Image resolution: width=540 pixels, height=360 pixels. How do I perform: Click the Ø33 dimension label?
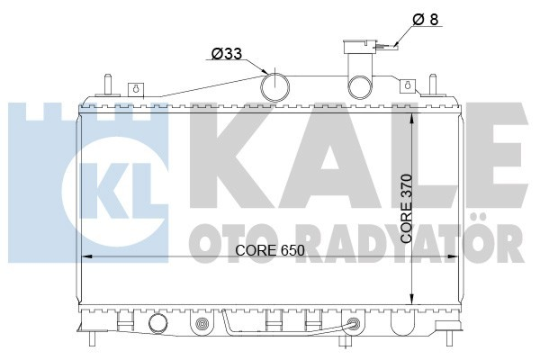pos(228,55)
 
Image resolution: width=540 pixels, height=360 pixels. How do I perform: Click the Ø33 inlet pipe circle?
pos(276,85)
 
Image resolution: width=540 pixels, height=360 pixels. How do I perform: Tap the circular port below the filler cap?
pos(361,86)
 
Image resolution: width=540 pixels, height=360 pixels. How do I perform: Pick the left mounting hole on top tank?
pos(136,88)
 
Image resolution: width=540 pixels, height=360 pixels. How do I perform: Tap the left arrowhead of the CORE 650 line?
pos(87,258)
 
